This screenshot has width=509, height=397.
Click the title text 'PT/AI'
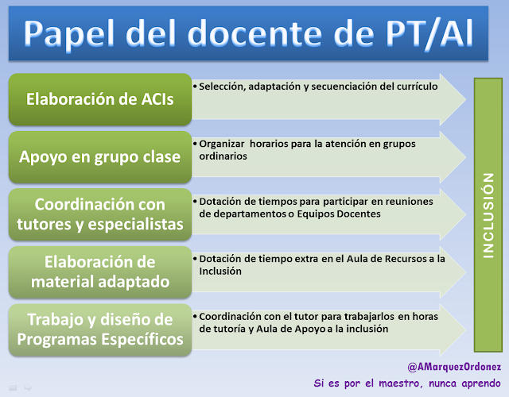click(429, 34)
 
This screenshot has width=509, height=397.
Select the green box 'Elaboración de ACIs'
click(100, 99)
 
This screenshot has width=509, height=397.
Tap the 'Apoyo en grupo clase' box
click(100, 157)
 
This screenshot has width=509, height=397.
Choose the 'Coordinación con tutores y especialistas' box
click(100, 214)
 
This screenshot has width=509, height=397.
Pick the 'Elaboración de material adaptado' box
click(100, 272)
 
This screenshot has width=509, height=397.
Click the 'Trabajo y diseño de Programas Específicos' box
click(100, 330)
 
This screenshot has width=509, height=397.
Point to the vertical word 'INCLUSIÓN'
click(488, 215)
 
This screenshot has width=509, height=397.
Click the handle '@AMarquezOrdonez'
click(454, 367)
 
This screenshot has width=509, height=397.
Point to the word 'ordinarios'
click(223, 156)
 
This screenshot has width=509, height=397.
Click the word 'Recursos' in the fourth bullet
click(406, 259)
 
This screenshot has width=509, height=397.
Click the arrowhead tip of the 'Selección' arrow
click(466, 99)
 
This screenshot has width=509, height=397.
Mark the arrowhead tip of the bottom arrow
click(466, 330)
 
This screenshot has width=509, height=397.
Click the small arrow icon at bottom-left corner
click(29, 387)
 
